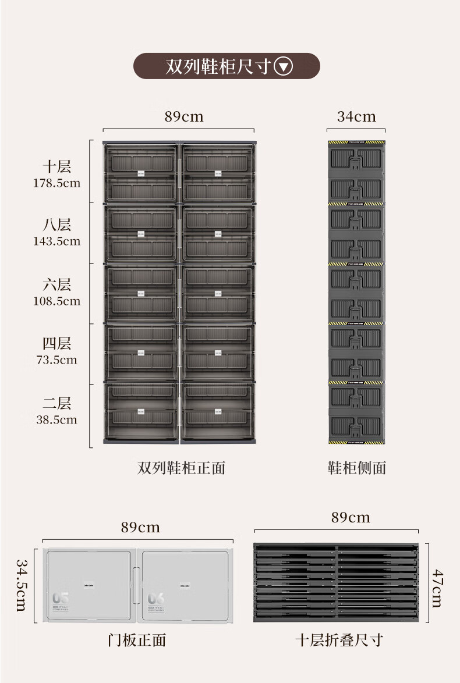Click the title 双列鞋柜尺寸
(218, 66)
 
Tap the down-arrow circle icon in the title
(283, 66)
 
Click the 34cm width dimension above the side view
(356, 116)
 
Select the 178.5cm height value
(56, 183)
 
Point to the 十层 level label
(56, 166)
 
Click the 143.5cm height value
(56, 241)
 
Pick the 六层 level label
(56, 284)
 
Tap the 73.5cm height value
(56, 360)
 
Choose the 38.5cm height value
(56, 419)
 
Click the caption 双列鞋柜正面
(181, 468)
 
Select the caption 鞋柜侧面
(357, 468)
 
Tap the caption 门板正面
(137, 641)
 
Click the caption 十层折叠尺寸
(339, 641)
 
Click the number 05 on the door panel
(61, 598)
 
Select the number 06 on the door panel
(156, 598)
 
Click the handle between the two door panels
(136, 584)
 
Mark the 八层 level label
(56, 225)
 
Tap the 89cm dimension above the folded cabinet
(351, 517)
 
